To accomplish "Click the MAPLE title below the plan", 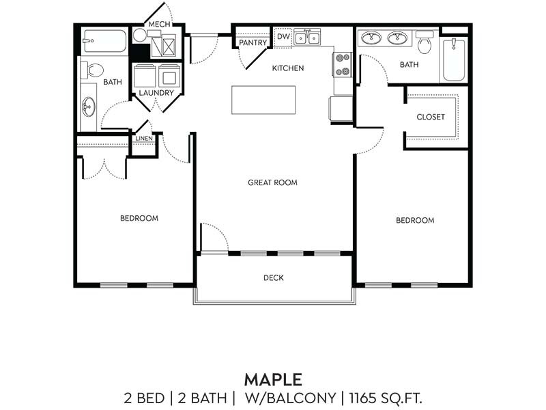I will [x=272, y=378].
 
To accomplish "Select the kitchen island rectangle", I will [x=263, y=100].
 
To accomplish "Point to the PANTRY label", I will [x=252, y=43].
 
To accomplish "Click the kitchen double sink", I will [x=307, y=38].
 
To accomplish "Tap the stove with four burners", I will [x=342, y=64].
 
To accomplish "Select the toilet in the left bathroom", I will [x=93, y=69].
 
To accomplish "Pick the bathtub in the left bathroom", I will [x=104, y=41].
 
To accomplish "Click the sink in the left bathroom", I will [x=89, y=107].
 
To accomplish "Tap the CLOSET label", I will [x=431, y=117].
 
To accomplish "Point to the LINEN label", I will [x=144, y=139].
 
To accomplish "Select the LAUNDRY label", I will [x=156, y=92].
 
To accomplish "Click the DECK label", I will [x=273, y=277].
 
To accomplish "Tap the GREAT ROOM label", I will [x=272, y=182].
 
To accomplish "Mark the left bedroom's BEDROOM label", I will [x=139, y=218].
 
